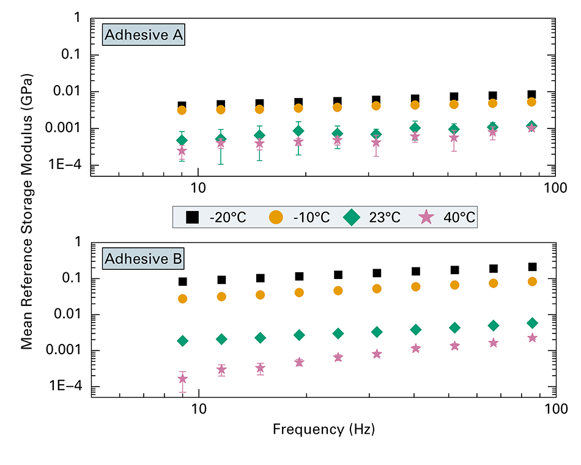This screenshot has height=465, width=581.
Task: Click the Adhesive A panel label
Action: point(144,35)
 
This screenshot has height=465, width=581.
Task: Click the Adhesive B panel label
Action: point(144,259)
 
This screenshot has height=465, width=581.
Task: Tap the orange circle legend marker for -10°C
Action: point(276,217)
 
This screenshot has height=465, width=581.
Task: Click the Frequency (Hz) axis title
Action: point(324,429)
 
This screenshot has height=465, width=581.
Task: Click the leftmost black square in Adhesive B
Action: point(182,282)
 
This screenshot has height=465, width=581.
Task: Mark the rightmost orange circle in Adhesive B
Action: point(532,281)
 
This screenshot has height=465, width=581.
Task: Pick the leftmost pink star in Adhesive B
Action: point(182,379)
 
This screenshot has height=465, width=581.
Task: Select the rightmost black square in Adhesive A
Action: point(532,95)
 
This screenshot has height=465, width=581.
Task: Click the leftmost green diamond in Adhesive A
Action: point(182,141)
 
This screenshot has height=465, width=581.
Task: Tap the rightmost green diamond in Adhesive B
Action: point(532,323)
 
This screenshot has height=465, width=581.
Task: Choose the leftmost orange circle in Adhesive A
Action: point(182,110)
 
